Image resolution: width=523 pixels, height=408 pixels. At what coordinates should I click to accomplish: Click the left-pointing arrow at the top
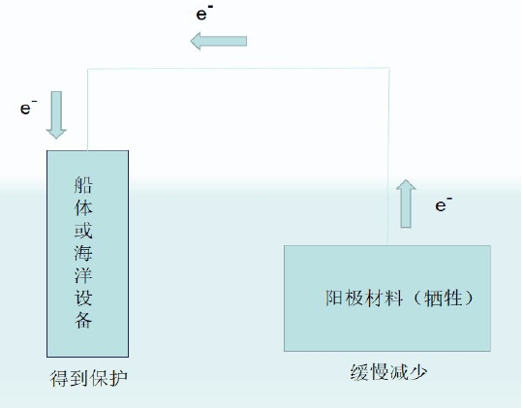[219, 41]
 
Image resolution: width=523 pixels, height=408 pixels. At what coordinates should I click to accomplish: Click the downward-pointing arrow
[56, 114]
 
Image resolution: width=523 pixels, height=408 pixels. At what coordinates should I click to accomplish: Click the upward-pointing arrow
[406, 204]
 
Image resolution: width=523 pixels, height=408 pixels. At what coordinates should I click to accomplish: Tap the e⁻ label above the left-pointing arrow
[204, 13]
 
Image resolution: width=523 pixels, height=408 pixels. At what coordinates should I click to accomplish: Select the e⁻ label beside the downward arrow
[28, 107]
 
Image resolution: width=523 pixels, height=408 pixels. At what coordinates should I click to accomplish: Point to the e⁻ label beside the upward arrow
[444, 204]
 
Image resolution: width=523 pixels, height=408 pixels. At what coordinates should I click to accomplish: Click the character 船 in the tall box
[83, 185]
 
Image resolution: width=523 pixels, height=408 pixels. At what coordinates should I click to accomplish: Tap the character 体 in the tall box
[83, 207]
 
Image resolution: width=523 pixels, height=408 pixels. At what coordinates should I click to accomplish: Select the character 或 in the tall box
[83, 230]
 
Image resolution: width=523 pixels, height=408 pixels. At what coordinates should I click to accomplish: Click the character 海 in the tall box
[83, 253]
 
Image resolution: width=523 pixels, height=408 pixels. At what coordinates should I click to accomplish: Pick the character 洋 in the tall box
[83, 275]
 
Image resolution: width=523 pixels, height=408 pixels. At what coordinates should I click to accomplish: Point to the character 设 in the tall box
[83, 298]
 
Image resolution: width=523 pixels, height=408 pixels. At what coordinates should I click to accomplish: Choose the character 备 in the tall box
[83, 320]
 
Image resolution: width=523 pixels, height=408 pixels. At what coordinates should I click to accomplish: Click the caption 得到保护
[89, 378]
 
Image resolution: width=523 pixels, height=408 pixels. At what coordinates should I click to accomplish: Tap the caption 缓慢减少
[388, 371]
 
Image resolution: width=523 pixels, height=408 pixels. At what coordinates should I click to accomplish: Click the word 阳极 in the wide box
[344, 298]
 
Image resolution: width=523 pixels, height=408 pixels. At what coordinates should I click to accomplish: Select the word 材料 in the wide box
[384, 298]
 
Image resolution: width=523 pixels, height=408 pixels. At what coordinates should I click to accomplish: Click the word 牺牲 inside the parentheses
[443, 298]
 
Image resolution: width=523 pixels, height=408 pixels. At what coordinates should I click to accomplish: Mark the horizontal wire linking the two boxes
[238, 69]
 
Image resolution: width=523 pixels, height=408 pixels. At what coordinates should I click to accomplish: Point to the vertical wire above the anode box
[388, 156]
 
